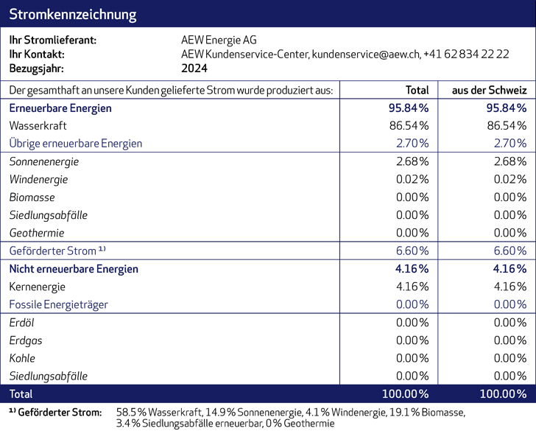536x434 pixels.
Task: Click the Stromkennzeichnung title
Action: pos(72,14)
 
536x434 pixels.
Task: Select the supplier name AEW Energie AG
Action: pos(219,40)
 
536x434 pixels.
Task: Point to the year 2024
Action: pos(194,68)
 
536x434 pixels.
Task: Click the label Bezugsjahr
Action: pos(36,68)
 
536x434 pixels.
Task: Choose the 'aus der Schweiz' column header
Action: pos(489,90)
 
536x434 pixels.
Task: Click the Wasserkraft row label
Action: pos(38,126)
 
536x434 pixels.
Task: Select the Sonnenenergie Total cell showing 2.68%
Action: pos(412,161)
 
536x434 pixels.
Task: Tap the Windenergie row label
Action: pos(38,179)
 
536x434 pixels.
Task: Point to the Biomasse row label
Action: pos(32,197)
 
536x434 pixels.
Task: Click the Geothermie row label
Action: pos(37,233)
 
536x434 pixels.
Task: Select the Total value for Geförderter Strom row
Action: pos(412,251)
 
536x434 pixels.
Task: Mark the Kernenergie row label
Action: pos(37,287)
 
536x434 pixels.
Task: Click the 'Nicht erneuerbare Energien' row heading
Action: pos(73,269)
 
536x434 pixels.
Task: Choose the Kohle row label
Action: pos(23,358)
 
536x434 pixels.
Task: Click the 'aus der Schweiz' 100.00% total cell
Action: pos(503,393)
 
